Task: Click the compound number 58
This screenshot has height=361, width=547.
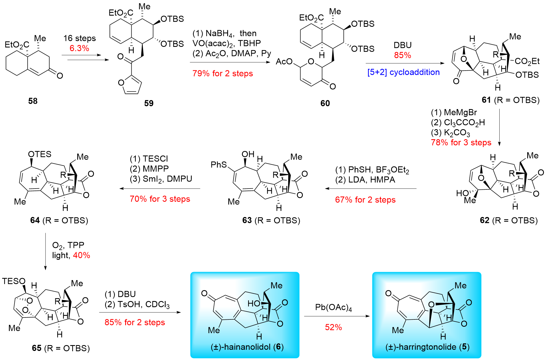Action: point(33,101)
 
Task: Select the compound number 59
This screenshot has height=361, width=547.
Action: point(149,104)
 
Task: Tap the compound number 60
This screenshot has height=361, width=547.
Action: point(325,104)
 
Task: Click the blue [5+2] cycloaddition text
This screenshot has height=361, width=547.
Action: point(403,72)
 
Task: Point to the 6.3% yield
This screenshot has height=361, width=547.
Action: point(79,48)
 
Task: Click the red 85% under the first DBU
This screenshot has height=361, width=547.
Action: point(402,55)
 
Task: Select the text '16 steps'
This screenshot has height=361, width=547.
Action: point(79,38)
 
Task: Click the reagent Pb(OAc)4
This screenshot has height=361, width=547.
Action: point(333,307)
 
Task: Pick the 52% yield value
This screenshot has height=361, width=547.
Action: point(333,327)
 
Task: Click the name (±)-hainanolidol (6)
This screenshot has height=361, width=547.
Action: point(247,347)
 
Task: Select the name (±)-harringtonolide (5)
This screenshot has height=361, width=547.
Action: point(427,347)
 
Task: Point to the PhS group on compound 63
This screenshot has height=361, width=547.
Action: point(219,165)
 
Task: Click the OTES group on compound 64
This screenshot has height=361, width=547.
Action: point(40,154)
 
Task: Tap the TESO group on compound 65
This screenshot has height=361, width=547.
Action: point(14,281)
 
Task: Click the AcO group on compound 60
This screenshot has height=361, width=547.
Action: point(284,62)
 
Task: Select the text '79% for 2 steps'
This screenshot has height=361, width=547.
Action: point(222,73)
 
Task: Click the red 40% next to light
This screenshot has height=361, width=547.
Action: point(81,255)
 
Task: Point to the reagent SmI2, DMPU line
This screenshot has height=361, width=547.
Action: point(161,179)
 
